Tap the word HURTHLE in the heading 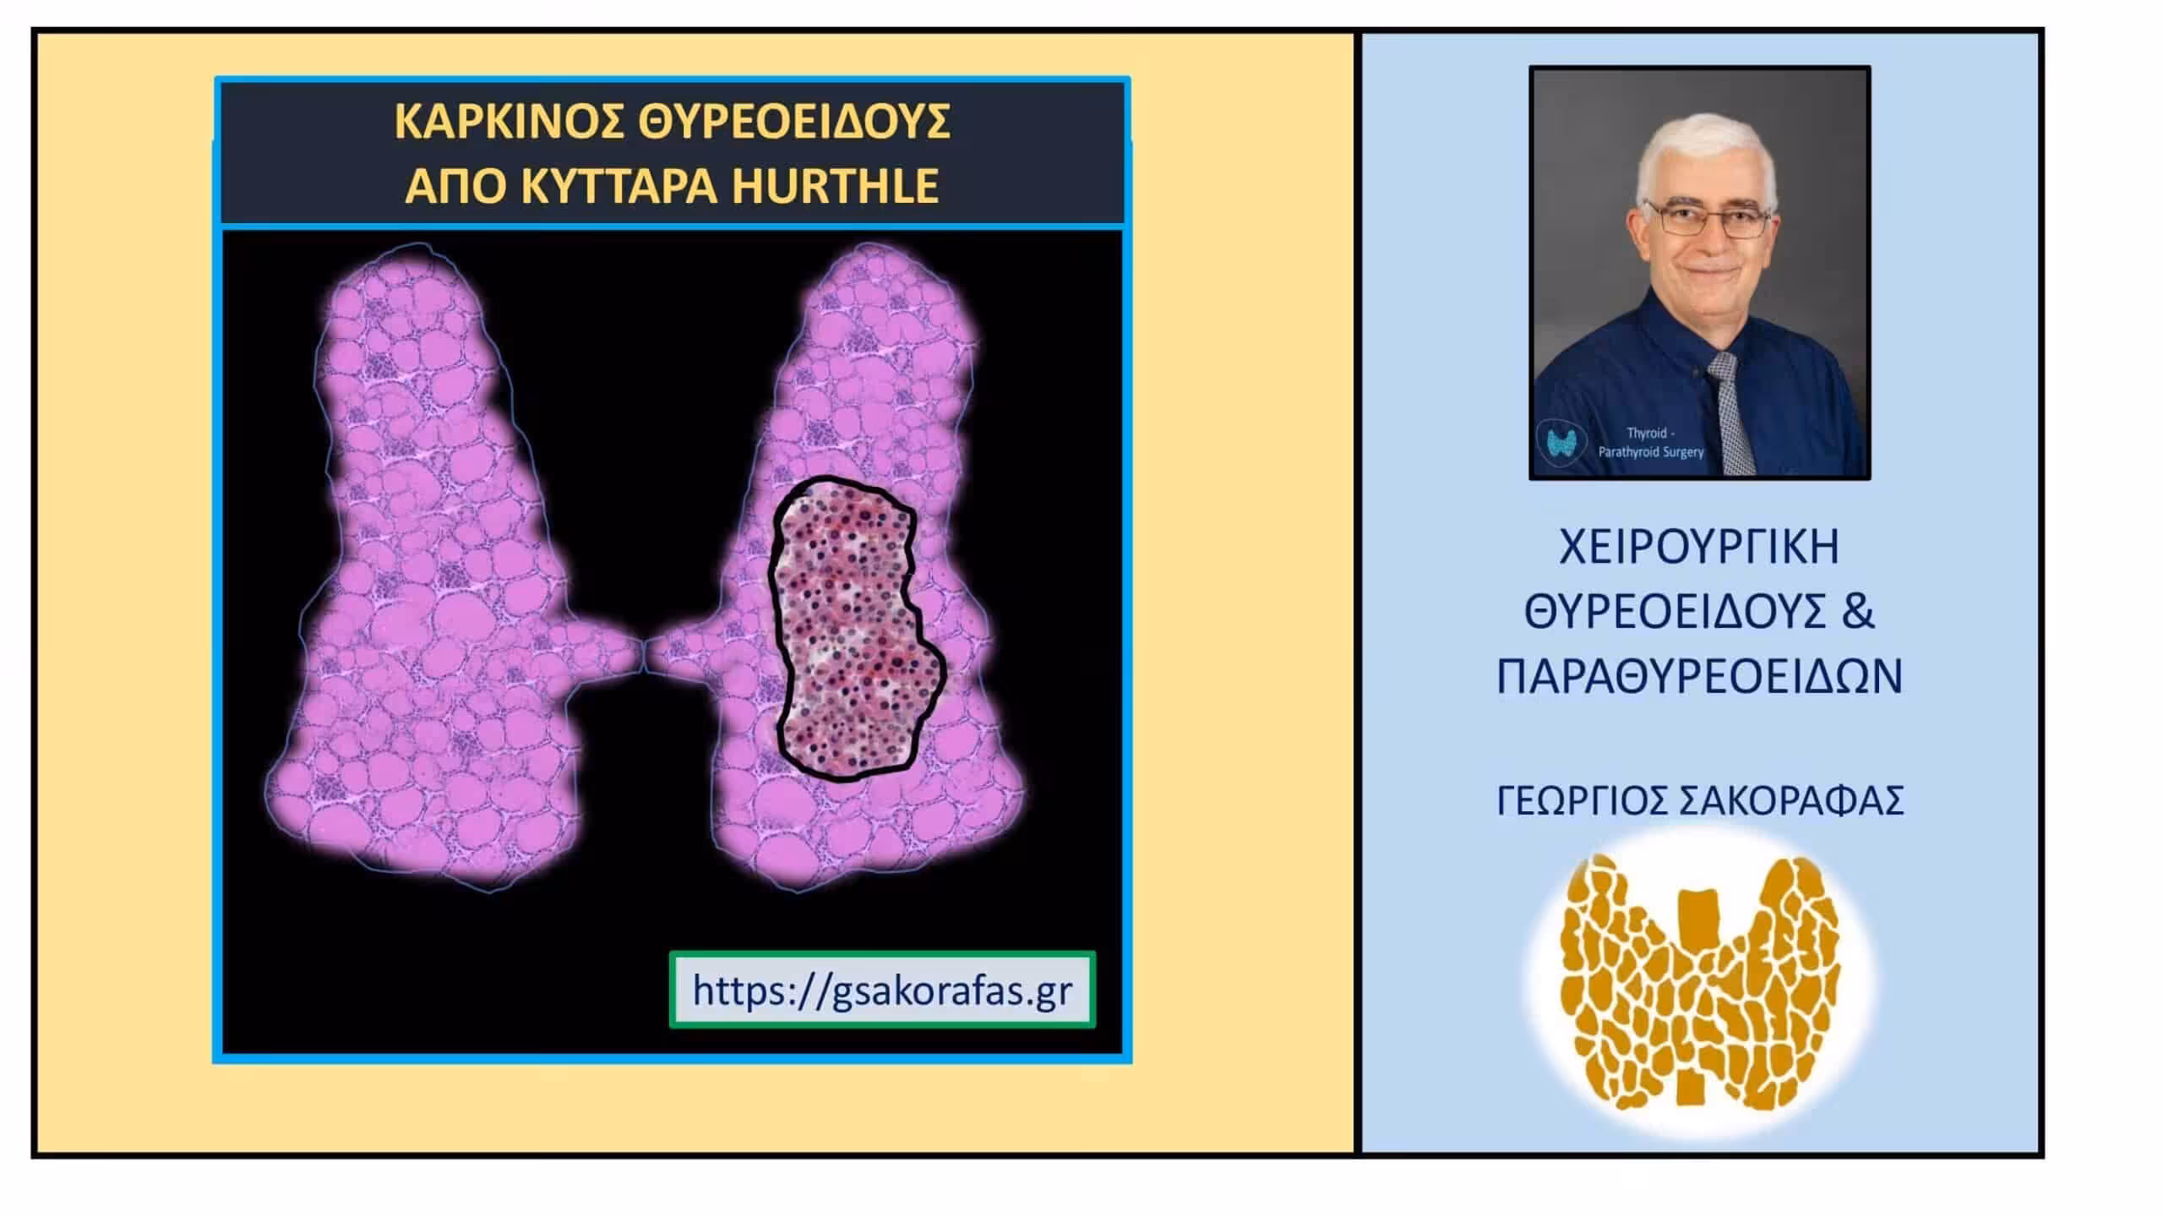835,186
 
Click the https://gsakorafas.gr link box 882,990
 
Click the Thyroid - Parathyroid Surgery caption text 1650,443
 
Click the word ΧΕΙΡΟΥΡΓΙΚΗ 1699,547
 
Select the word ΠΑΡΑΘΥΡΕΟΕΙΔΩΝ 1699,676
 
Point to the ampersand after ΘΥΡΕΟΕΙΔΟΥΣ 1855,611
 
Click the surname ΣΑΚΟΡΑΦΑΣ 1789,801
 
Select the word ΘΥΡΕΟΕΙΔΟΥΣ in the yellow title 794,122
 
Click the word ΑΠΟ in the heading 456,186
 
